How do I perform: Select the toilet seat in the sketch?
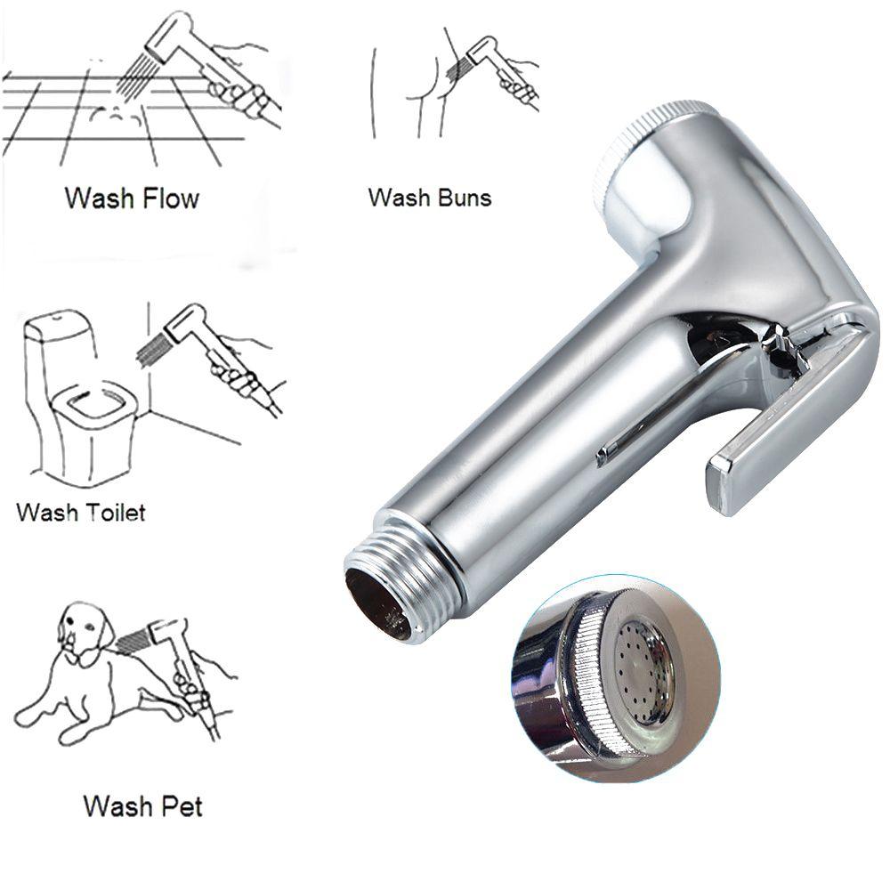[x=93, y=410]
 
